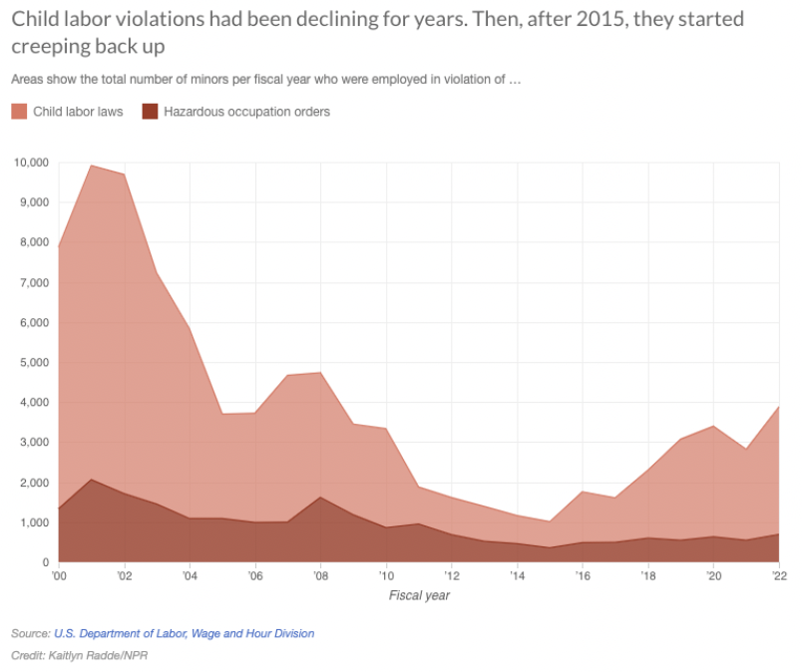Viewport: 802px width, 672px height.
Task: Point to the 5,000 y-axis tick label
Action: [x=31, y=362]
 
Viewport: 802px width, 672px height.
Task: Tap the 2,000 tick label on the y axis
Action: [x=31, y=483]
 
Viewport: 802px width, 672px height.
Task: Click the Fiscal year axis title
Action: [x=419, y=595]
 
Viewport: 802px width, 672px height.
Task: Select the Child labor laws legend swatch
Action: [x=19, y=112]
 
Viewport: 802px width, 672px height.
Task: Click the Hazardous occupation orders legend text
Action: [x=246, y=112]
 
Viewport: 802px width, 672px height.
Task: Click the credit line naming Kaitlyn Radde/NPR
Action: [x=79, y=655]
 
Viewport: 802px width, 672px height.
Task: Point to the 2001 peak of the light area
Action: [x=91, y=166]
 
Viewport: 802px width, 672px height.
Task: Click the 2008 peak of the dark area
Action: [x=320, y=497]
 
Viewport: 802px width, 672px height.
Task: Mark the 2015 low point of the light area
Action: [x=550, y=521]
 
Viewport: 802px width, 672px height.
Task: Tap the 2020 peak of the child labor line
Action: [x=713, y=426]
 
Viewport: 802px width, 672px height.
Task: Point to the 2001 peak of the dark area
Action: [x=91, y=480]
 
